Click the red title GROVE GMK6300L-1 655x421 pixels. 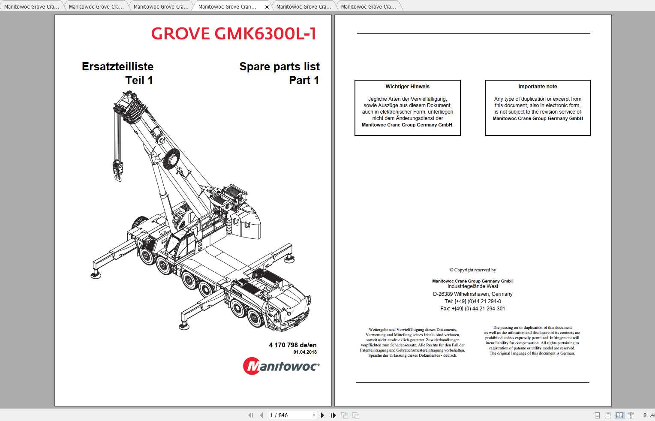tap(234, 33)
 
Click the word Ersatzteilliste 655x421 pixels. tap(117, 66)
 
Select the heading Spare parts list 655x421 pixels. tap(279, 66)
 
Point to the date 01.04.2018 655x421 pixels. tap(305, 352)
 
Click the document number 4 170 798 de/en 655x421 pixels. tap(293, 345)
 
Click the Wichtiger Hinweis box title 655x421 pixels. tap(407, 87)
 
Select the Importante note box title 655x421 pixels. tap(538, 87)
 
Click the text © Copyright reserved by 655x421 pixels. tap(472, 270)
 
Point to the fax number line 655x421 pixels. tap(472, 309)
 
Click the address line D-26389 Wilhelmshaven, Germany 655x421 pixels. tap(472, 294)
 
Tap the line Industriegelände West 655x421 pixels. tap(472, 286)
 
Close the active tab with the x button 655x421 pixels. tap(267, 7)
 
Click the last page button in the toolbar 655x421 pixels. tap(333, 415)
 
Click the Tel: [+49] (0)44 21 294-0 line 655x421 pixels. tap(472, 301)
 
